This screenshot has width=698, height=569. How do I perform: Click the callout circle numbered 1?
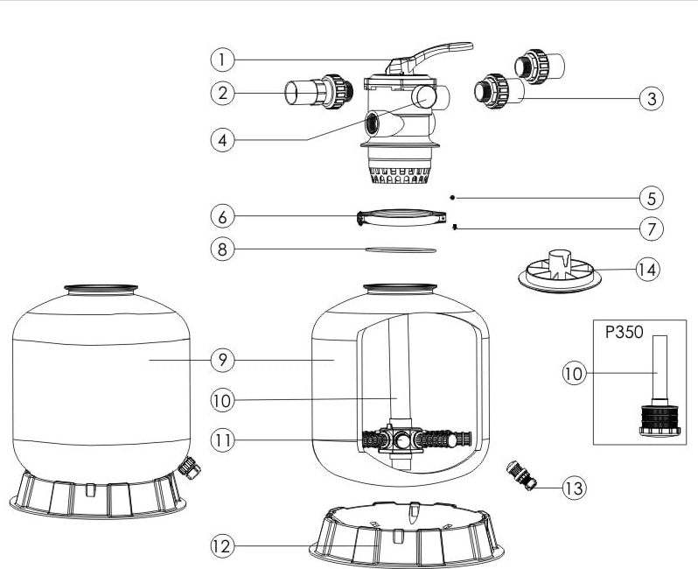pyautogui.click(x=223, y=60)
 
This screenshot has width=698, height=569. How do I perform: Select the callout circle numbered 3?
pyautogui.click(x=649, y=98)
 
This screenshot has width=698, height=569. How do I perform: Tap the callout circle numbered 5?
pyautogui.click(x=649, y=197)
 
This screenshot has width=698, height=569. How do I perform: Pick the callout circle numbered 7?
pyautogui.click(x=649, y=229)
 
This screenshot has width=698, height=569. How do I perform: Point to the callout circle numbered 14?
pyautogui.click(x=647, y=269)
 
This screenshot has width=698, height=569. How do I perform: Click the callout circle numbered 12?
pyautogui.click(x=223, y=546)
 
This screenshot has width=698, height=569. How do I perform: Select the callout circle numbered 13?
pyautogui.click(x=574, y=488)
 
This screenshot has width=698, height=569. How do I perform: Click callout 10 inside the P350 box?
pyautogui.click(x=575, y=372)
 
